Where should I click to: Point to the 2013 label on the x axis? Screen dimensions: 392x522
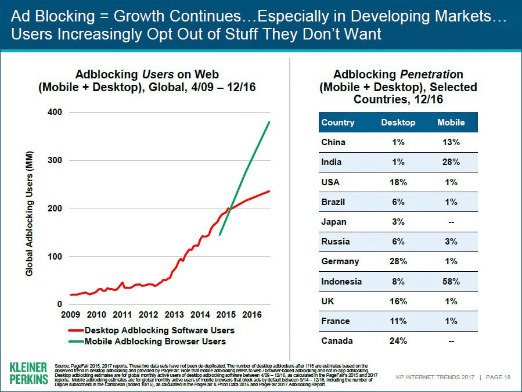click(x=174, y=315)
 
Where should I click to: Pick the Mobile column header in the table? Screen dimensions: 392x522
click(x=451, y=123)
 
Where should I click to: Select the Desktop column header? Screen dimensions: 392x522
click(x=398, y=123)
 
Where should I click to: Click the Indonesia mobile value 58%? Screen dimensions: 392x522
click(x=451, y=282)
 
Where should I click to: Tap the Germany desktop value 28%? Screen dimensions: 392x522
click(x=398, y=261)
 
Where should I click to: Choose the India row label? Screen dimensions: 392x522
click(x=332, y=162)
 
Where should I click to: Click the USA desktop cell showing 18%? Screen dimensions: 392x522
click(x=398, y=182)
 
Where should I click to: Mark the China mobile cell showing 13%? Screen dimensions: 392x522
click(x=451, y=142)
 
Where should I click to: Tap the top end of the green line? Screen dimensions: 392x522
click(x=269, y=122)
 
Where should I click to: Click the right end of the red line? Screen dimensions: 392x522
click(x=269, y=191)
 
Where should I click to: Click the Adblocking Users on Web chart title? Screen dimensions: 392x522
click(x=147, y=81)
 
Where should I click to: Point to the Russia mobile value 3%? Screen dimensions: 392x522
click(x=451, y=242)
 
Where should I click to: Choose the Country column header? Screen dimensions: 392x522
click(x=337, y=123)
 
